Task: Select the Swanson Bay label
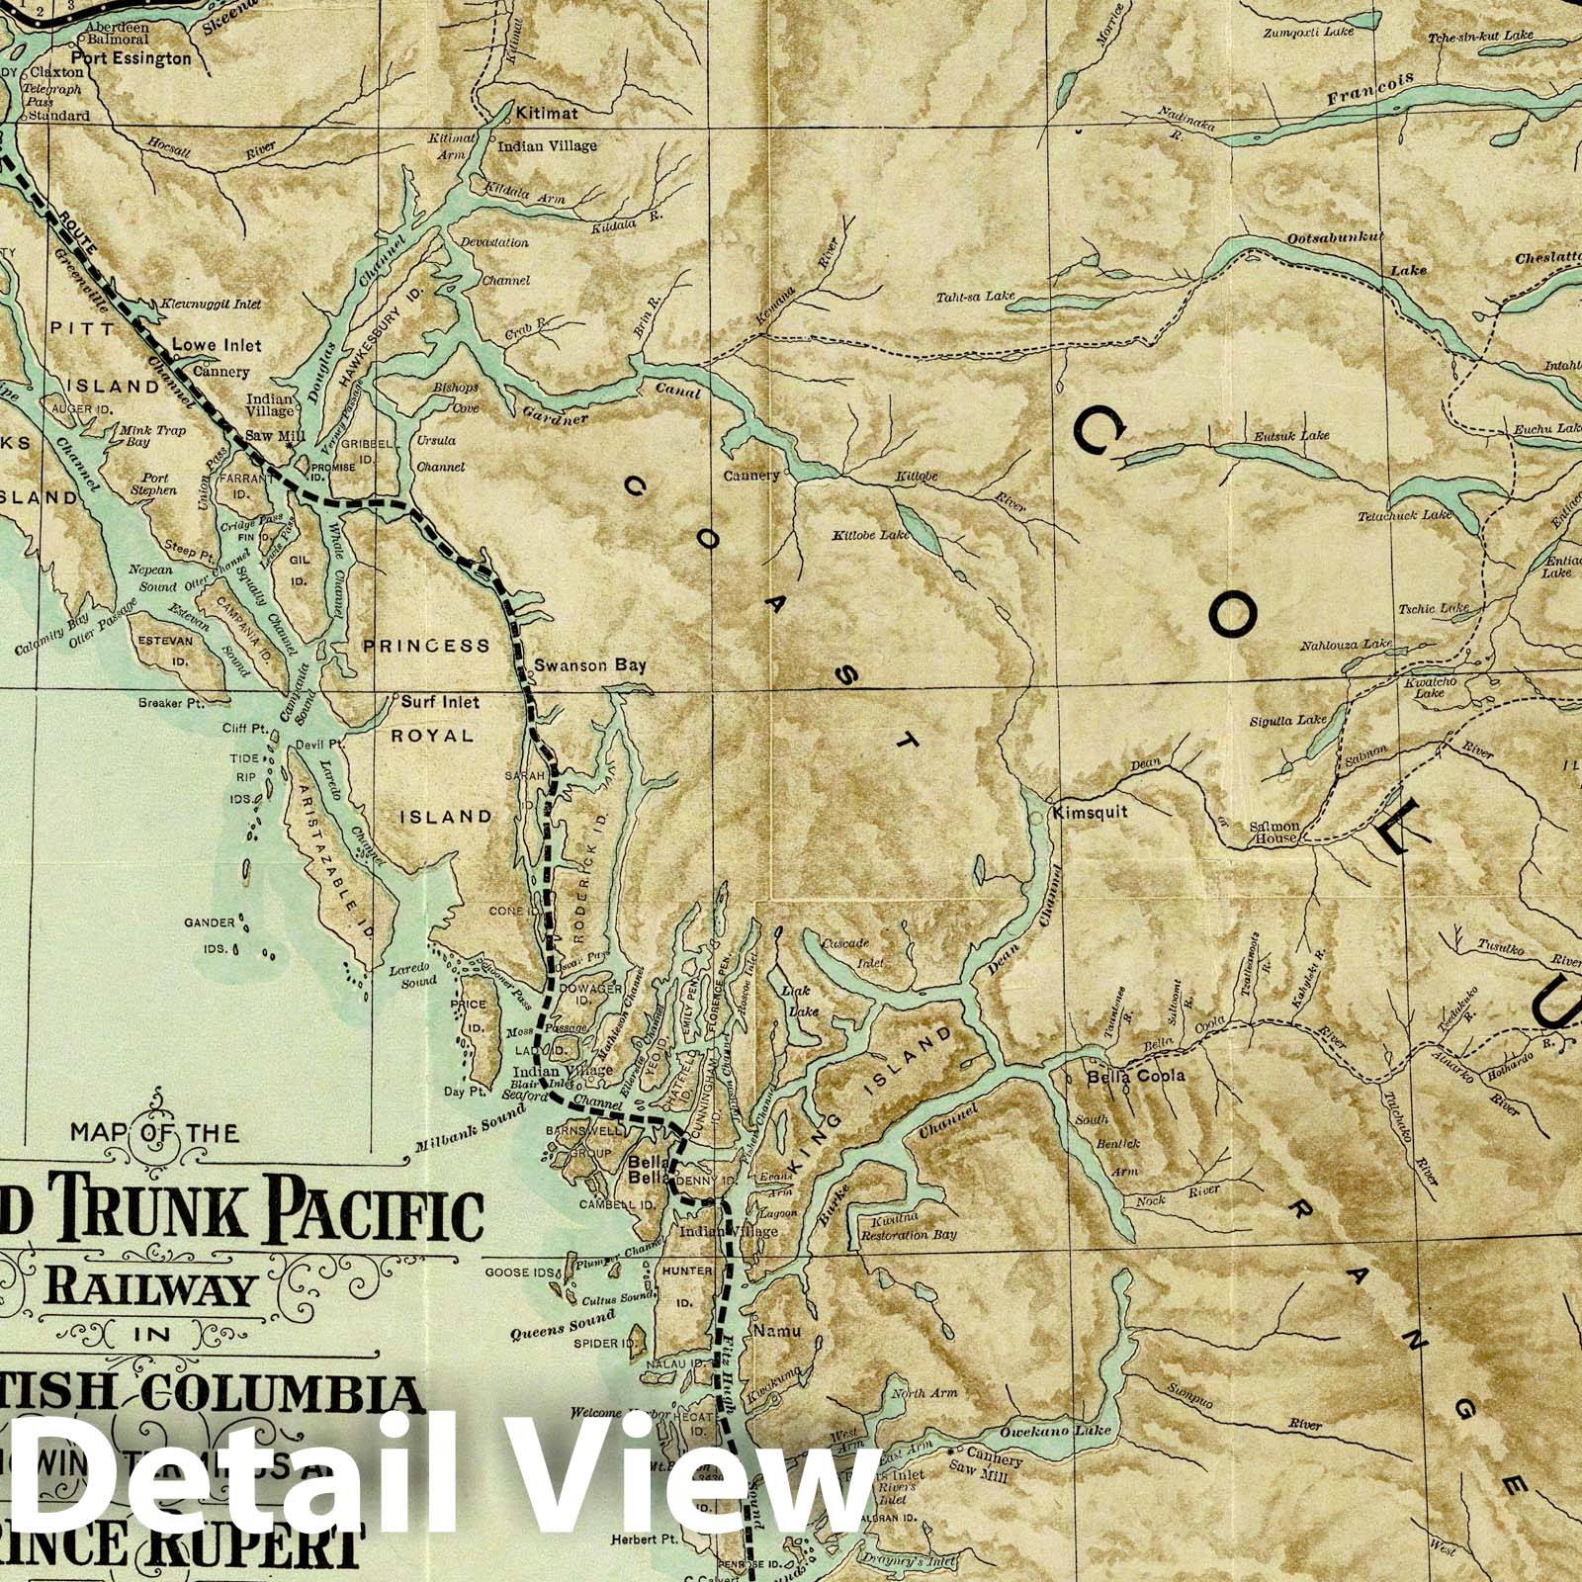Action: tap(589, 665)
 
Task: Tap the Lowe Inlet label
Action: tap(217, 345)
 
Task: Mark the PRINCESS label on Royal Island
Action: tap(426, 646)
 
